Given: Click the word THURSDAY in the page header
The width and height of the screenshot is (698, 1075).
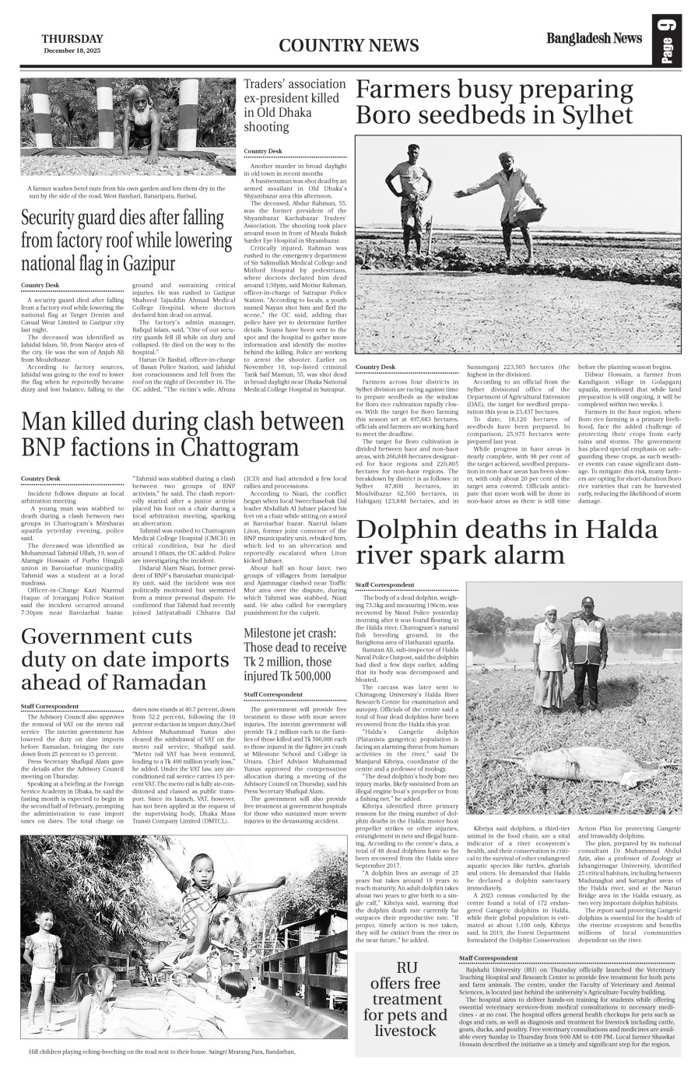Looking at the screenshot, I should click(x=72, y=38).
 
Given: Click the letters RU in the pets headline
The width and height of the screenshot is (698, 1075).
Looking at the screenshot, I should click(x=407, y=967).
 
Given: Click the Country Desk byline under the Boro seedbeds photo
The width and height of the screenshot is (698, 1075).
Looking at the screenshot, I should click(x=375, y=367).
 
